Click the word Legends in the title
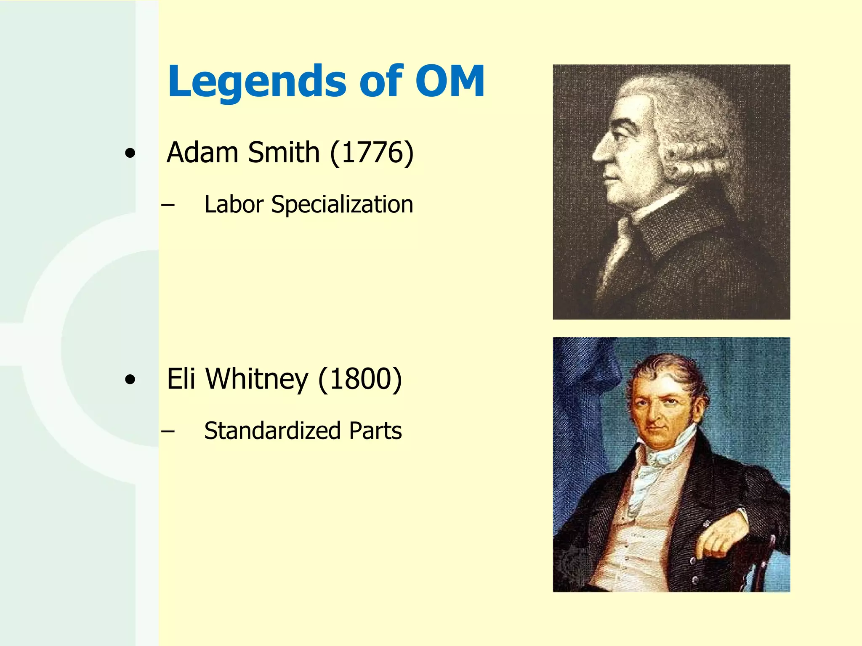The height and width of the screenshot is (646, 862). click(257, 82)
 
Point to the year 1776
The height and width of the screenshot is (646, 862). click(372, 153)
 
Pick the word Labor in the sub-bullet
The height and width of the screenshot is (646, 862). click(234, 205)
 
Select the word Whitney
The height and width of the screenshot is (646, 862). click(257, 380)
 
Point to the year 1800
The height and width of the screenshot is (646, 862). click(360, 380)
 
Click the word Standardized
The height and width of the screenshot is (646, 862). click(272, 431)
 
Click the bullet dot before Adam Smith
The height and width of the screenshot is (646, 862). click(130, 154)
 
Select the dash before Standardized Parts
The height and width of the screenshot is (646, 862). click(168, 431)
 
